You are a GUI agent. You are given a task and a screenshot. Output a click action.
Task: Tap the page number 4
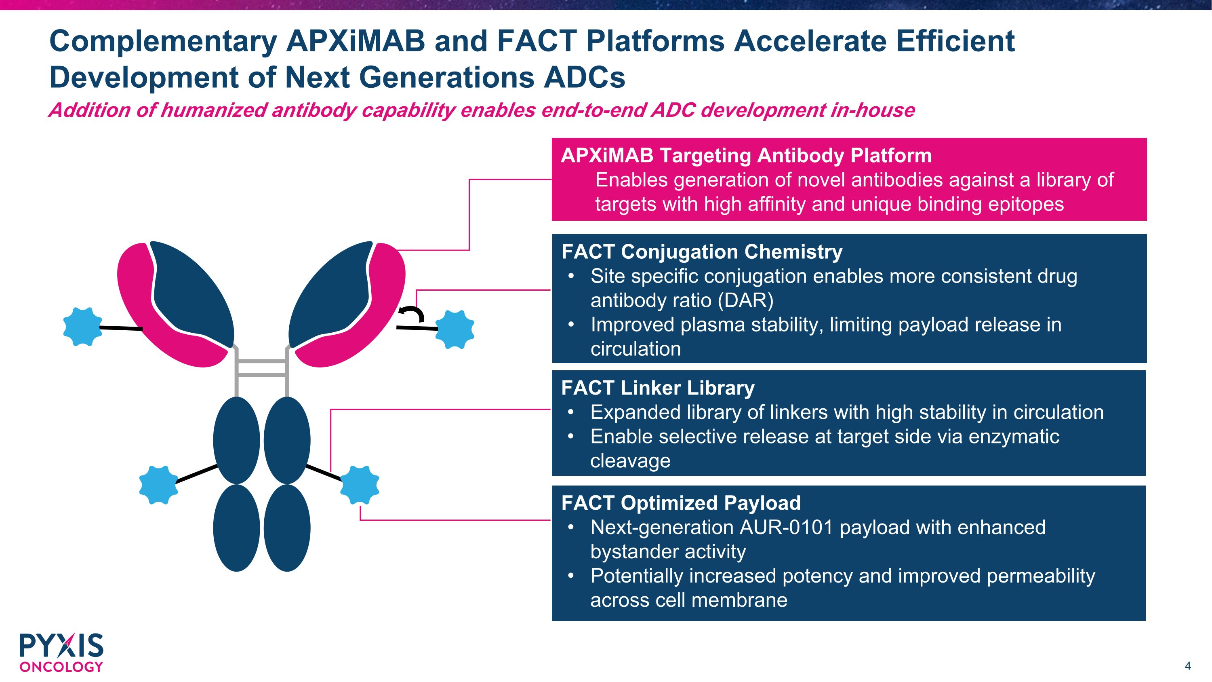1187,666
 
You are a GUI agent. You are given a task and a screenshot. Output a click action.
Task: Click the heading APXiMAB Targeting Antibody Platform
746,156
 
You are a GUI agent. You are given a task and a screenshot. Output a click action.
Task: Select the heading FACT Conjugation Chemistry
701,252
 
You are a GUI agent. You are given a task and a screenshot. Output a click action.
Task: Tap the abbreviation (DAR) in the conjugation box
745,301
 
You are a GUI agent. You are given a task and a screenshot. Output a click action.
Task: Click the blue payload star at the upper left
83,327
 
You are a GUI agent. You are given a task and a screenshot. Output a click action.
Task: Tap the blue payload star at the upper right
455,329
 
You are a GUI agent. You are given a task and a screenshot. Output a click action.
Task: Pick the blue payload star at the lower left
158,485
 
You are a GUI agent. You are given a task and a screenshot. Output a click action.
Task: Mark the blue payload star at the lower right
360,484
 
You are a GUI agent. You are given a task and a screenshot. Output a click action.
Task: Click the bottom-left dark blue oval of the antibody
236,528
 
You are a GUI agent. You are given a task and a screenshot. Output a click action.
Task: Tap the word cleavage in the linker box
630,461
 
